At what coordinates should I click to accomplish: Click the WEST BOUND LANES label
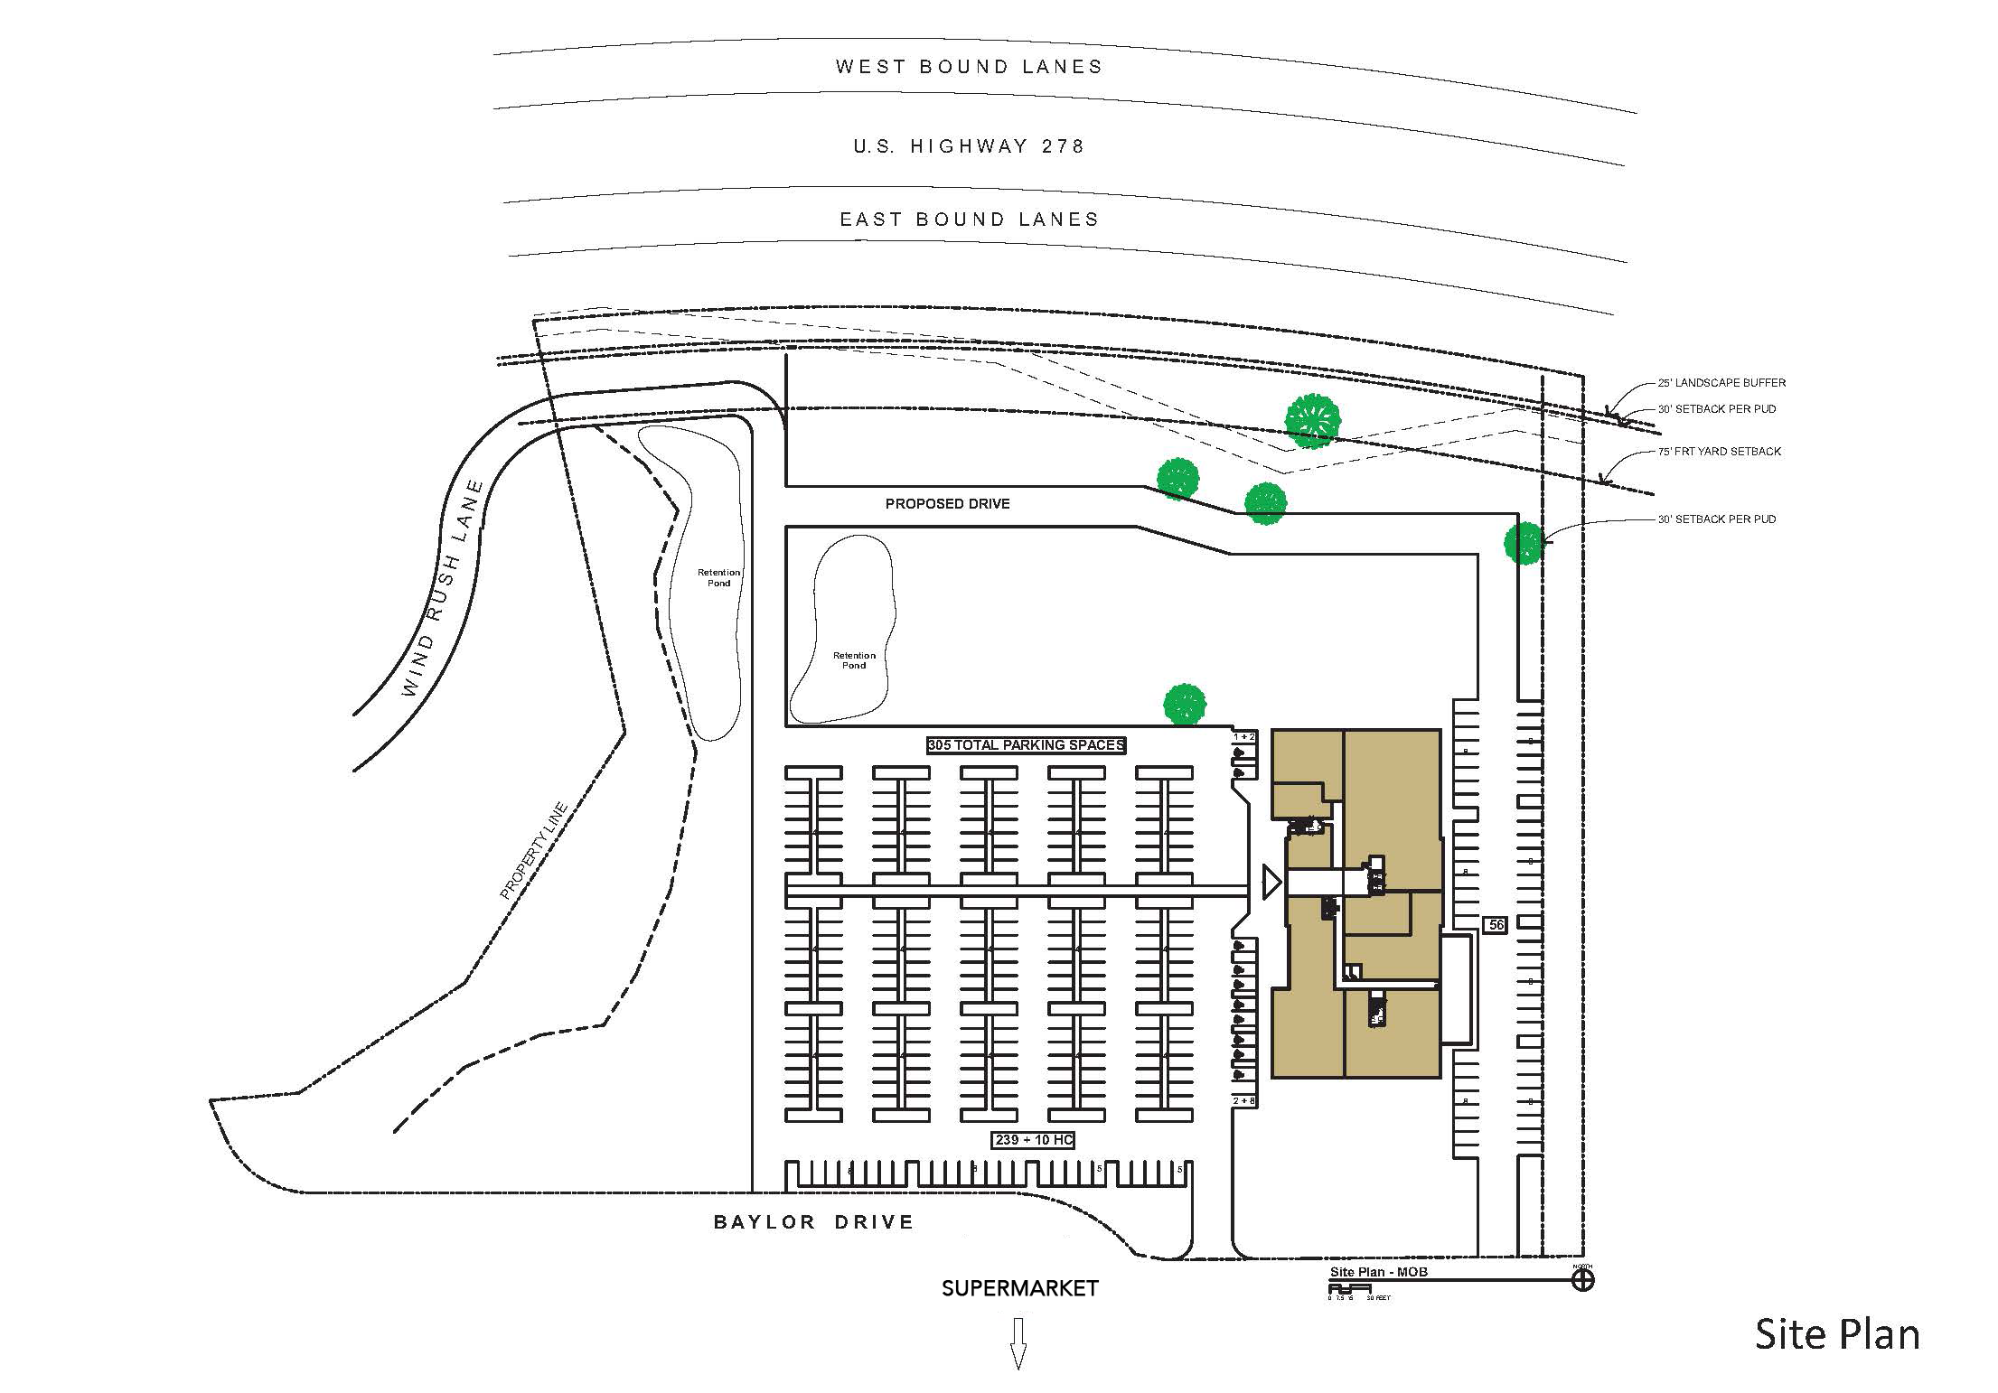coord(969,67)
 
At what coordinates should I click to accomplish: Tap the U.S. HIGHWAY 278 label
coord(969,146)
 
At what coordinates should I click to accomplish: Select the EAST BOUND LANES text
coord(969,220)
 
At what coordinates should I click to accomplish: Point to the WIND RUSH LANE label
coord(442,588)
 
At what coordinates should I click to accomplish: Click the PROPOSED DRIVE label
coord(947,504)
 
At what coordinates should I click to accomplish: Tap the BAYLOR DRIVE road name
coord(813,1222)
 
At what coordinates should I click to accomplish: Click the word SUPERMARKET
coord(1019,1289)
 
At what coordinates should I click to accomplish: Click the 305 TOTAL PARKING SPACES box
coord(1026,745)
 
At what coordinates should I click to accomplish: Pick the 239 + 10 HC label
coord(1034,1140)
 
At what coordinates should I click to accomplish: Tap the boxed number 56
coord(1496,925)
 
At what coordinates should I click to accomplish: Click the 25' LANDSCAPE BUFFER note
coord(1721,383)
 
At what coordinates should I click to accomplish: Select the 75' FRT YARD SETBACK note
coord(1719,452)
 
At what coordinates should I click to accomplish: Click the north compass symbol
coord(1582,1280)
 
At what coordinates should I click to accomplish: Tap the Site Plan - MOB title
coord(1378,1272)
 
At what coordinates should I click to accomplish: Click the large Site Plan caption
coord(1836,1335)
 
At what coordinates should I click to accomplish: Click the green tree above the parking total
coord(1184,705)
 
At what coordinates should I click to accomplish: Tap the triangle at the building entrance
coord(1271,882)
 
